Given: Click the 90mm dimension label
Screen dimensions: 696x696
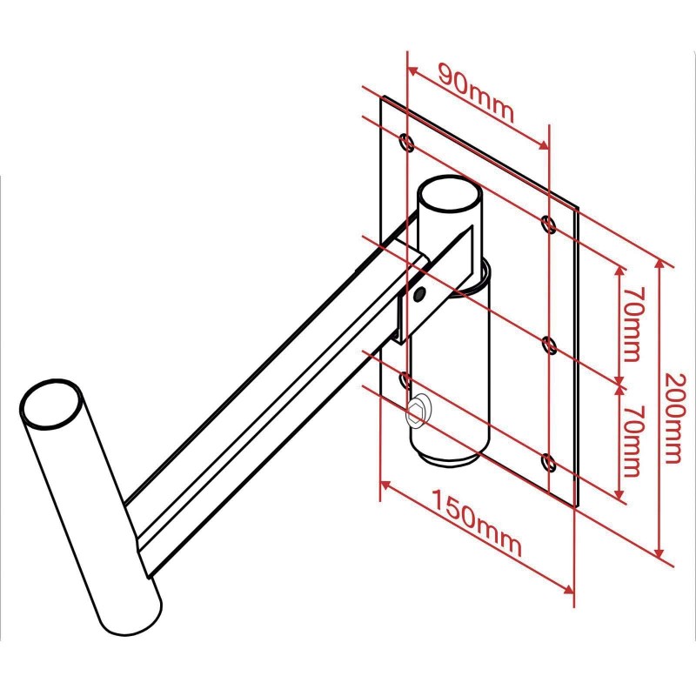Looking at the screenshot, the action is tap(476, 93).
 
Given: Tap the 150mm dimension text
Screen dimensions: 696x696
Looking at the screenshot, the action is tap(476, 523).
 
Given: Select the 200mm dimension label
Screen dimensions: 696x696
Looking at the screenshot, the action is tap(673, 418).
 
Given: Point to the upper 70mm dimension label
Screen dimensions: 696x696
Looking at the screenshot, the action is tap(632, 324).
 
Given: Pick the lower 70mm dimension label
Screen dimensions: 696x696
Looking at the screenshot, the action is tap(632, 439).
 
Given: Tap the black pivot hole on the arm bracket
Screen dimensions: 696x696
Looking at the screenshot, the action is tap(419, 293).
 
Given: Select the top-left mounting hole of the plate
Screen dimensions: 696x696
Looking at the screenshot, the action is tap(407, 142).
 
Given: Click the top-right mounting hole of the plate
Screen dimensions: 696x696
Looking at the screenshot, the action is tap(549, 224).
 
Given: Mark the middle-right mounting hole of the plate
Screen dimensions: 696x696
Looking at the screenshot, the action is tap(550, 345).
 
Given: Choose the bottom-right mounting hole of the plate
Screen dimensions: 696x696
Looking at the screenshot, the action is tap(550, 463).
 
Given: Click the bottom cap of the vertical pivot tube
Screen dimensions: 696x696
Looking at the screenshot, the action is tap(449, 458).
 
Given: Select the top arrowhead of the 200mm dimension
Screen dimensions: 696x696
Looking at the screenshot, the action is tap(659, 264).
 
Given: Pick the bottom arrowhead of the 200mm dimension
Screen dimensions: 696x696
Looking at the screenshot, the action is tap(659, 553).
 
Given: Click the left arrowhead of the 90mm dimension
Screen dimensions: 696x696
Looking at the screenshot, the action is tap(412, 71).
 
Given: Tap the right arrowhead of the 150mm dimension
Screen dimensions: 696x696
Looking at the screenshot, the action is tap(569, 589).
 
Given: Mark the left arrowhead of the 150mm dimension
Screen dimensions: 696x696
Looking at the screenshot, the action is tap(385, 484).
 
